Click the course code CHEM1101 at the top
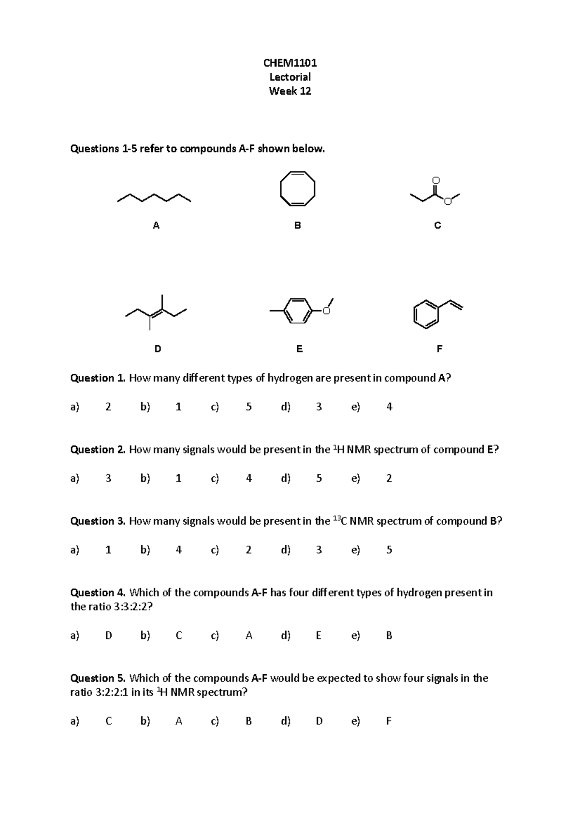290,63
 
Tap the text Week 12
290,91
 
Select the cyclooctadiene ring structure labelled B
297,188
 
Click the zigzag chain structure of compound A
154,198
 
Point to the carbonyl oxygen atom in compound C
435,180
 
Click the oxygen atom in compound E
326,311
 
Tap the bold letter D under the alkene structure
158,349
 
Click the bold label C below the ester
437,226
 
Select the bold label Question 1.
98,378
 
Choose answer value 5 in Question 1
248,407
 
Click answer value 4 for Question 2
248,478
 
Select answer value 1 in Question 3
108,550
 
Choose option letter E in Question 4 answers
319,636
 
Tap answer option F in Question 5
389,721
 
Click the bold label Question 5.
98,678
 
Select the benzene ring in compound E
296,311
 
